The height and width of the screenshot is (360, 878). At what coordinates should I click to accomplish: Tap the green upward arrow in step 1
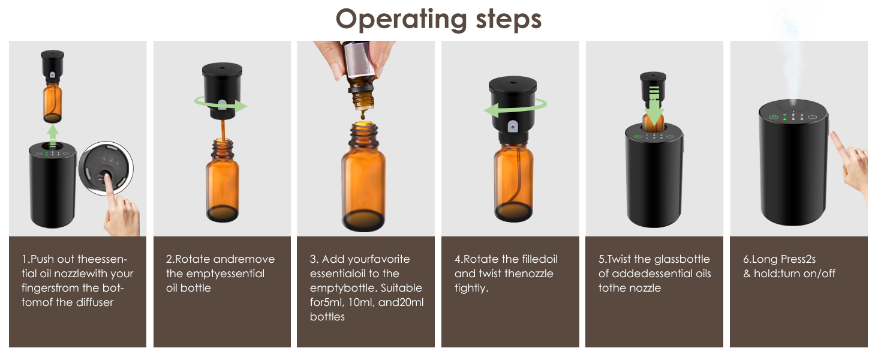tap(53, 133)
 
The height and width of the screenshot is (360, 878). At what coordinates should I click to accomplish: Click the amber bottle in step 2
tap(222, 180)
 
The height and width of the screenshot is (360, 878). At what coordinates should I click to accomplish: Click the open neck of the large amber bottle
tap(363, 128)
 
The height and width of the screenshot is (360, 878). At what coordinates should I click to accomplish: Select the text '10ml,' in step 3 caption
tap(360, 302)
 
